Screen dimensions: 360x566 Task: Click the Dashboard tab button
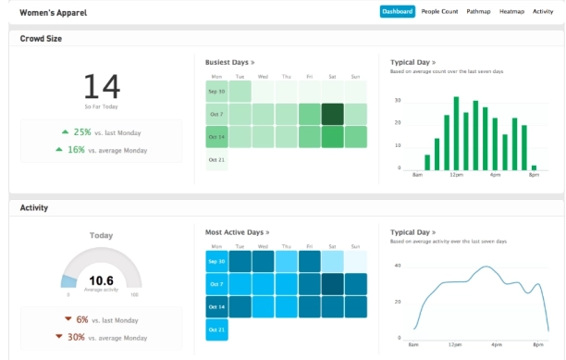[398, 11]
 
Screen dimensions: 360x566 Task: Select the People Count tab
[439, 11]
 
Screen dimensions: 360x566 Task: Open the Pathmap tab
[478, 11]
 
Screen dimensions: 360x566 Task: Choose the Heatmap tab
[511, 11]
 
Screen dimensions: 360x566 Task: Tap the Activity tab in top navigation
[543, 11]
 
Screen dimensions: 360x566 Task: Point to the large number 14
[102, 87]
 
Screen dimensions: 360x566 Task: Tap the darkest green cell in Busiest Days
[332, 114]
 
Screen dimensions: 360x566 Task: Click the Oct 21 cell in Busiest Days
[216, 159]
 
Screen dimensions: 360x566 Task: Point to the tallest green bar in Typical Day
[455, 132]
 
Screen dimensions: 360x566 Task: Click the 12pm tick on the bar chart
[455, 174]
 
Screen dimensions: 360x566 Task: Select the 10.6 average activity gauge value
[101, 279]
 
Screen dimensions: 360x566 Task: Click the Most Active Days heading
[237, 232]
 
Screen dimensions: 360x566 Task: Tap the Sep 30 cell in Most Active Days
[216, 262]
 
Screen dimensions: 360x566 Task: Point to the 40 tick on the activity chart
[398, 266]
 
